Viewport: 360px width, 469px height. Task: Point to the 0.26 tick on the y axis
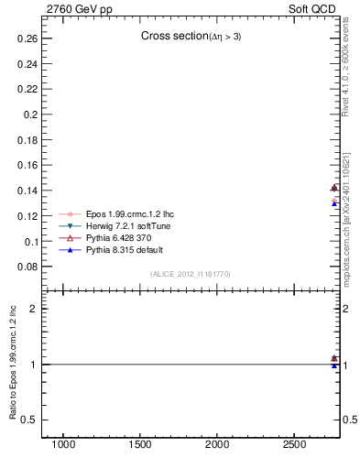26,39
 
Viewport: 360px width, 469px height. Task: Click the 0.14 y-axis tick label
26,191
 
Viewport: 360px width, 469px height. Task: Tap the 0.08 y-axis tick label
26,267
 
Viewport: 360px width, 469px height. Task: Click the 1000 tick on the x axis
63,444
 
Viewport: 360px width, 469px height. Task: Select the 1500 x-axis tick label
141,444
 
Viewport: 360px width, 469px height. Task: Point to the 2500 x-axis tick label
295,444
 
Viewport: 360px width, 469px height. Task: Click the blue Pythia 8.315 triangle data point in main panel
334,203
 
